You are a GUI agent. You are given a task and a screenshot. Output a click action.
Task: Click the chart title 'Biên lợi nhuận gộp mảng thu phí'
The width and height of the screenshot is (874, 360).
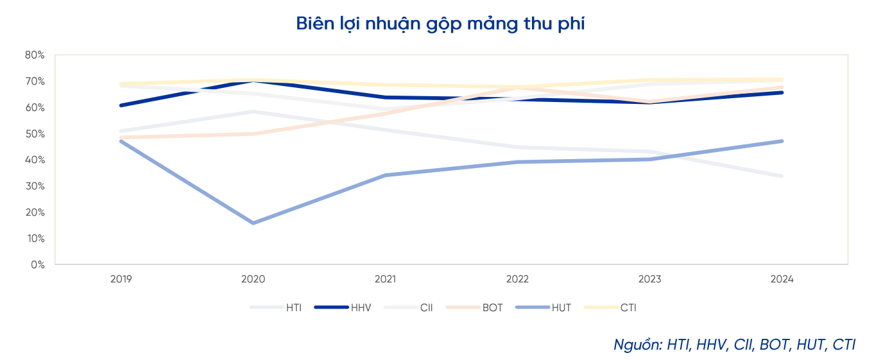pos(440,24)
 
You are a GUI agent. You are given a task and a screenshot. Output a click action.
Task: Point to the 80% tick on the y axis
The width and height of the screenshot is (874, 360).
pos(35,55)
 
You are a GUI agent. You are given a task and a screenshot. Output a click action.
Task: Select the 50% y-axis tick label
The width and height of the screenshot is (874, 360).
pos(35,133)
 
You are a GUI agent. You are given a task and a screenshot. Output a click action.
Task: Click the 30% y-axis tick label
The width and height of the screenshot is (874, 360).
pos(35,186)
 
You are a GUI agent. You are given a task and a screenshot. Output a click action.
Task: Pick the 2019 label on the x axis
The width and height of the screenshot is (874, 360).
pos(121,279)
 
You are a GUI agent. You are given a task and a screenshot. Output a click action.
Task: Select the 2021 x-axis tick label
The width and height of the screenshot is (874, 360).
pos(385,279)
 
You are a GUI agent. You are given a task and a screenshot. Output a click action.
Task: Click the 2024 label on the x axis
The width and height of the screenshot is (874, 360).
pos(782,279)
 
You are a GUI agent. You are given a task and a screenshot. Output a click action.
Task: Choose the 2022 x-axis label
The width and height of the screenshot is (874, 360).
pos(517,279)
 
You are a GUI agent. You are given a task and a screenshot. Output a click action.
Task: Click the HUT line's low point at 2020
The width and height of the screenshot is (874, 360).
pos(253,223)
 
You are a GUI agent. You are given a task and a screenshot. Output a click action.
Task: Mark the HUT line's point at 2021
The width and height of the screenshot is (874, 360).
pos(385,175)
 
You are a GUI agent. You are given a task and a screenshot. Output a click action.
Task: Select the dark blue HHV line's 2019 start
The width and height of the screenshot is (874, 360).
pos(121,105)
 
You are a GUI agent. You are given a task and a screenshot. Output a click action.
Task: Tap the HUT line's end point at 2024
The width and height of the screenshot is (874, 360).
pos(782,141)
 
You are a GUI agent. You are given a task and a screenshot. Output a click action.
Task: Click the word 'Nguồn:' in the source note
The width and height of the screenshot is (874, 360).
pos(637,344)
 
